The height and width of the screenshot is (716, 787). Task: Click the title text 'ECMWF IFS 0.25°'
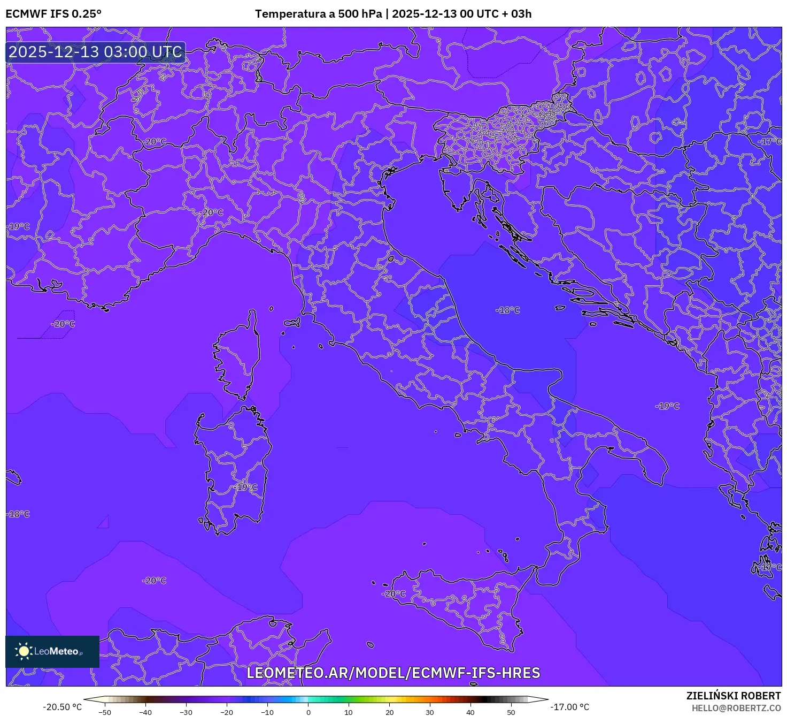click(x=53, y=14)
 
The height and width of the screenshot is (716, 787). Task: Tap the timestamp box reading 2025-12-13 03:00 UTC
click(x=96, y=52)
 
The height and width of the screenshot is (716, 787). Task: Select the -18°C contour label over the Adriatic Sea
click(x=507, y=310)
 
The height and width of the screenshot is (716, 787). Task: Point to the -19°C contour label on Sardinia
click(x=245, y=487)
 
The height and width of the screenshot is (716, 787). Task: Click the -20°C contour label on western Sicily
click(x=393, y=593)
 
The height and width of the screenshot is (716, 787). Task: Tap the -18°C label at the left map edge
click(x=18, y=514)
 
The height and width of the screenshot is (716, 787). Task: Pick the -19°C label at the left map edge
click(x=18, y=226)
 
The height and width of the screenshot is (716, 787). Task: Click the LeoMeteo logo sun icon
click(x=24, y=651)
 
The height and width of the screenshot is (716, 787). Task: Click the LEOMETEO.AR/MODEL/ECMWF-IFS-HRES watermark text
click(x=393, y=673)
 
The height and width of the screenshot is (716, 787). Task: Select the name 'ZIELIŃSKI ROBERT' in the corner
click(x=734, y=696)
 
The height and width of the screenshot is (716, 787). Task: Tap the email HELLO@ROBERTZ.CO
click(x=736, y=708)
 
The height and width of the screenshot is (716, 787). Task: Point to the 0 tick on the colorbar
click(x=308, y=712)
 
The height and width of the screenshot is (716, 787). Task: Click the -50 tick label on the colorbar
click(x=105, y=712)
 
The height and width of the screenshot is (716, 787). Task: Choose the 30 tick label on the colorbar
click(x=430, y=712)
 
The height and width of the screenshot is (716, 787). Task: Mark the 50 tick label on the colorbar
click(x=511, y=712)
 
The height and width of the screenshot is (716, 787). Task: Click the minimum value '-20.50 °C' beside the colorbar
click(x=62, y=707)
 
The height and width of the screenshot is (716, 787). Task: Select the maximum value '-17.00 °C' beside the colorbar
click(x=570, y=707)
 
